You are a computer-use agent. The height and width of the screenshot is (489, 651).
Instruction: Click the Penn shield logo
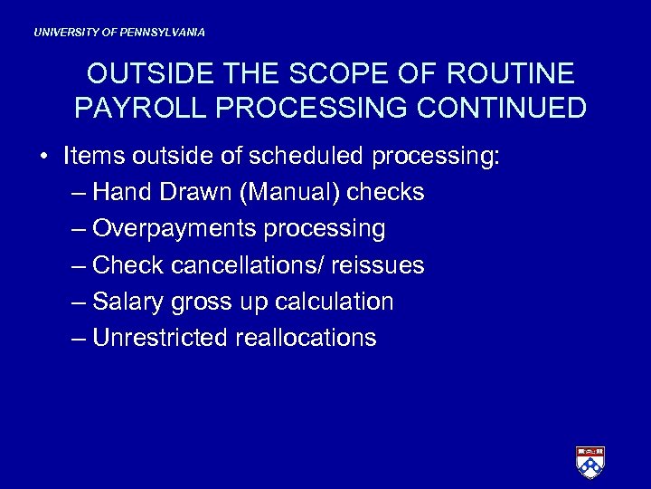590,462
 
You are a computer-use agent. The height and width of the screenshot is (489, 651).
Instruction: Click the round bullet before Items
43,157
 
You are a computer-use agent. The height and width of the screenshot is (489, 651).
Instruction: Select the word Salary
128,302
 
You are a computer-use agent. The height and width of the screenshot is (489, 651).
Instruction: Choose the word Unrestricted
160,338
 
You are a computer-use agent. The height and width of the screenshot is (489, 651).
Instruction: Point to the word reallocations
306,338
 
